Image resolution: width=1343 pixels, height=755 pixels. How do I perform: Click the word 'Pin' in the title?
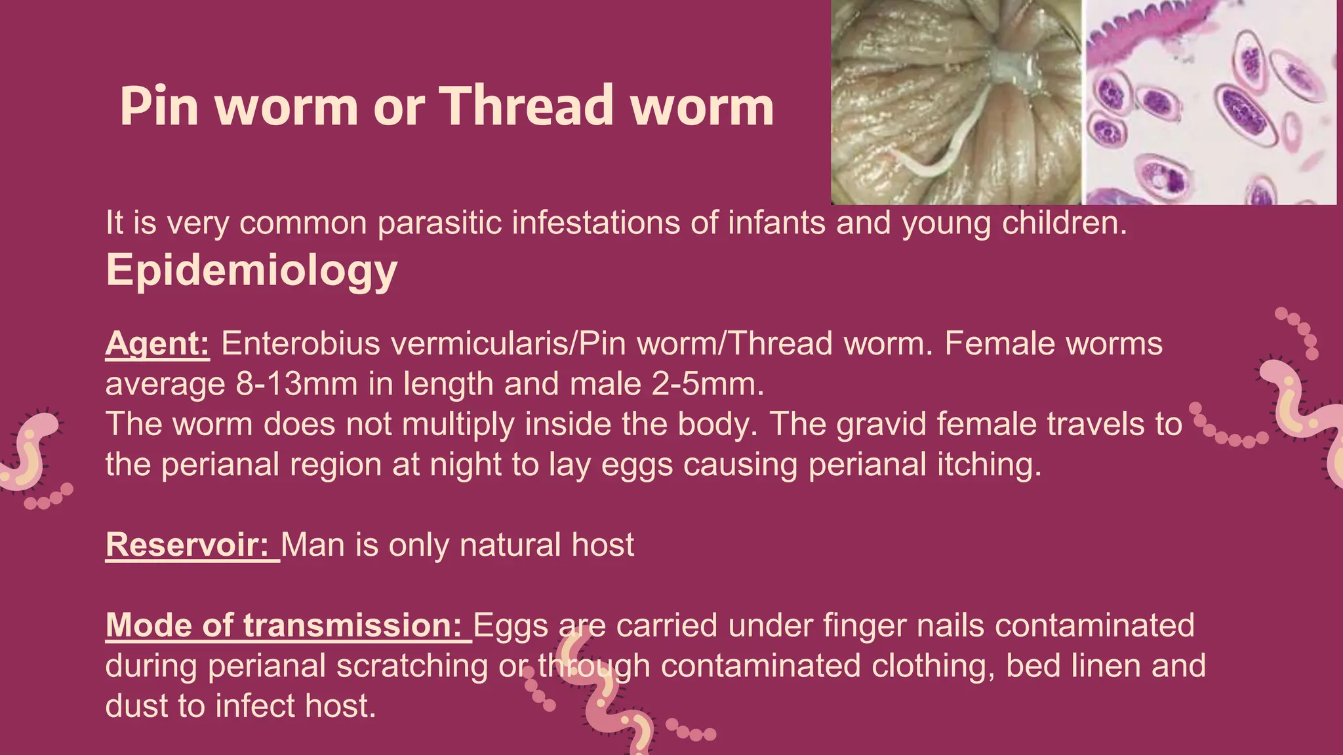pos(159,107)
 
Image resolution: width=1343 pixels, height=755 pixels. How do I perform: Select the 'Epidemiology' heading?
pos(252,270)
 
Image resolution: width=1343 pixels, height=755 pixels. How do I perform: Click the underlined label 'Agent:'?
pos(157,343)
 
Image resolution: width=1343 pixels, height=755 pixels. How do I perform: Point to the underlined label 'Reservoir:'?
pos(188,545)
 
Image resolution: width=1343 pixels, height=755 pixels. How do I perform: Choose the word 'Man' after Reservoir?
pos(313,545)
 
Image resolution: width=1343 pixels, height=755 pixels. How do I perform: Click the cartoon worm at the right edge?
pos(1302,413)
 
